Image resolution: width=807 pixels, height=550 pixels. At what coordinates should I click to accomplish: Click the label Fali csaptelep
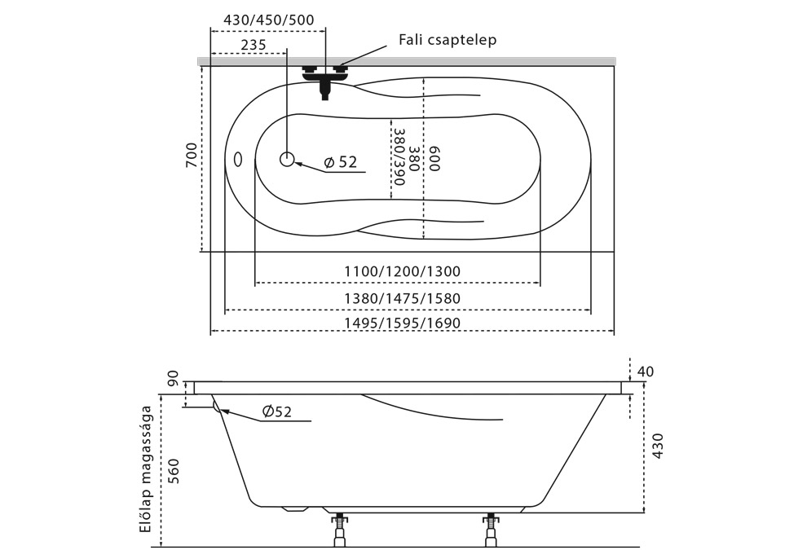coord(448,39)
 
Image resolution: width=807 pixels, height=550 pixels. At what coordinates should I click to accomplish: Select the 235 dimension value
coord(242,45)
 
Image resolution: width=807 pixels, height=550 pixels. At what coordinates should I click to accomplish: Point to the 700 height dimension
coord(191,155)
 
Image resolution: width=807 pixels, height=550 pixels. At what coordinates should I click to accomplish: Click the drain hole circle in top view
coord(287,160)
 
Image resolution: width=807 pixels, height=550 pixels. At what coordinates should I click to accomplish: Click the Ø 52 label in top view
coord(341,163)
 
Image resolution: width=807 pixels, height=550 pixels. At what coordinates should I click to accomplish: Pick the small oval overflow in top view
coord(237,160)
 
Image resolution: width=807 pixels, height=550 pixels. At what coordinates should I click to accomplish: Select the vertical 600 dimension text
coord(434,159)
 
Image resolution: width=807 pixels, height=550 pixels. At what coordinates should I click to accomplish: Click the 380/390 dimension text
coord(399,157)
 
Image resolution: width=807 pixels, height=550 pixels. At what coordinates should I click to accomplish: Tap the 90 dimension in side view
coord(173,379)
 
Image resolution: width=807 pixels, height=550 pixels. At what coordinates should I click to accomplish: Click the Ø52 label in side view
coord(277,412)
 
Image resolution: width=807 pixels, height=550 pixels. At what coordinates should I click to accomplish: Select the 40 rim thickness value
coord(645,372)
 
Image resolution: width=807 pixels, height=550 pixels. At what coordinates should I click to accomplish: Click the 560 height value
coord(174,471)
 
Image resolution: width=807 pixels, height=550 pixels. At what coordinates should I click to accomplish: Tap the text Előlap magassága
coord(147,469)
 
